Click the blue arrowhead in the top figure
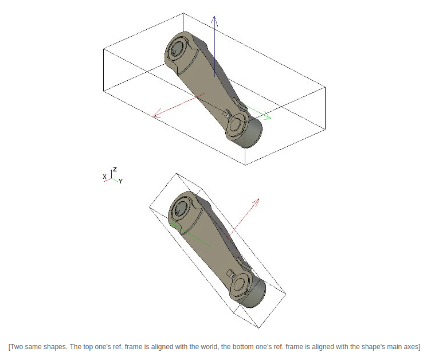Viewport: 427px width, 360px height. (x=214, y=21)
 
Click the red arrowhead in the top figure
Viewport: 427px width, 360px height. (x=158, y=114)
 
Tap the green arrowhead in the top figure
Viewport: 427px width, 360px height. (x=267, y=115)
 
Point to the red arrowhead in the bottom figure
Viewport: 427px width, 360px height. (x=256, y=202)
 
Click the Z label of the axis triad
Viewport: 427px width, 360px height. (x=115, y=169)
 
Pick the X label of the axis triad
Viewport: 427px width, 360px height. (x=104, y=177)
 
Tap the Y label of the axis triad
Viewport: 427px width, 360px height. (x=120, y=181)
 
